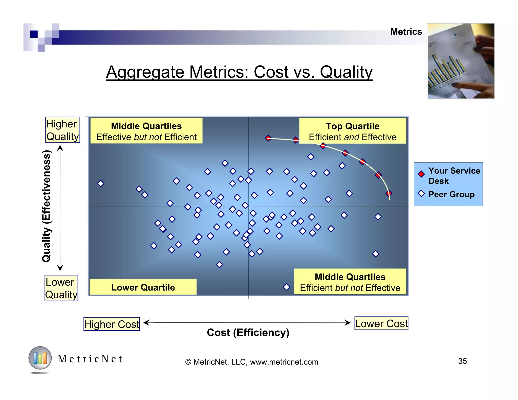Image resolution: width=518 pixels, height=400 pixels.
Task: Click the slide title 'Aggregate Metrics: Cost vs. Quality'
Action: tap(239, 72)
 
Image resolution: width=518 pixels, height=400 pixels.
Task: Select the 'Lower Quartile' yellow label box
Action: tap(143, 287)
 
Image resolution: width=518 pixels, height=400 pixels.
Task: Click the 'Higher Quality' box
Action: tap(62, 130)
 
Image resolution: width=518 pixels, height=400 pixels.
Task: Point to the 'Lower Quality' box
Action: tap(61, 288)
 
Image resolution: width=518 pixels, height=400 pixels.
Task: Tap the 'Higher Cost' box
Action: tap(112, 324)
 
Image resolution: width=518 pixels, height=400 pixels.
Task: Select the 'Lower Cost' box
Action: tap(381, 323)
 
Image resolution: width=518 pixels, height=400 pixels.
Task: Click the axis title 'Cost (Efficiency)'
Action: tap(248, 332)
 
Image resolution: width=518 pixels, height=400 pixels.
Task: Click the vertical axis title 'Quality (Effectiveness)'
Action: tap(47, 206)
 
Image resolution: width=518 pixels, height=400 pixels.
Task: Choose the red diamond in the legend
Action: tap(421, 174)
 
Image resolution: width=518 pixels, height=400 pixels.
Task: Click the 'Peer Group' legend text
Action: tap(451, 194)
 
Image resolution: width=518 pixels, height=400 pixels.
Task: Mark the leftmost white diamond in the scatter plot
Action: tap(101, 183)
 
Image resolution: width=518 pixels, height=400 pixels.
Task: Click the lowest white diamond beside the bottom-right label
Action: tap(286, 287)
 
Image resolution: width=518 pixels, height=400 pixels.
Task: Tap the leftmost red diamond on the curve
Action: tap(268, 138)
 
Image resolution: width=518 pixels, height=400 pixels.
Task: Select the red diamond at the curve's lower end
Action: tap(389, 193)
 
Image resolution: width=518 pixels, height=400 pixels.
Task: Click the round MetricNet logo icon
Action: tap(40, 358)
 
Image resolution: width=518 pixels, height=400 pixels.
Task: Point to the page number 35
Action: tap(462, 361)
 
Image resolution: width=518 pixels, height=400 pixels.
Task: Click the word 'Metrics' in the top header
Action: tap(406, 32)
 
